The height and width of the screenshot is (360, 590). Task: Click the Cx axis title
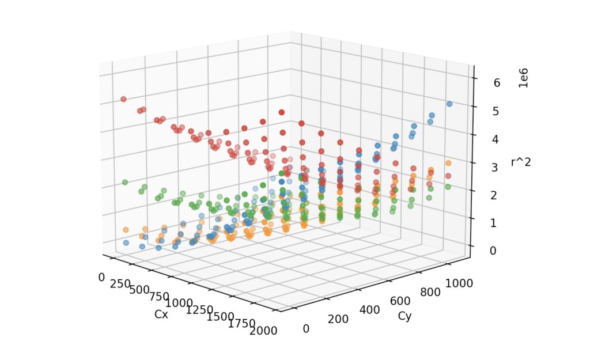pos(161,314)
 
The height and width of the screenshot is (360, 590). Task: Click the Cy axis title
pos(405,316)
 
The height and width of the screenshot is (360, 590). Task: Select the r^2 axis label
pos(521,162)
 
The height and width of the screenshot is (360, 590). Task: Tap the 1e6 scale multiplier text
pos(524,78)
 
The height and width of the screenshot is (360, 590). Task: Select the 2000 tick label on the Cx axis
pos(262,330)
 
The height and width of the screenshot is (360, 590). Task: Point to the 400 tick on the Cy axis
pos(370,310)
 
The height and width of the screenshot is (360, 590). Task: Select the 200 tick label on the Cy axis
pos(339,320)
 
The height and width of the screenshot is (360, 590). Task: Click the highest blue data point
pos(449,104)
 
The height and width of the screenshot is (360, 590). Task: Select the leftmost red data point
pos(123,99)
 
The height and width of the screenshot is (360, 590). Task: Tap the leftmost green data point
pos(124,183)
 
